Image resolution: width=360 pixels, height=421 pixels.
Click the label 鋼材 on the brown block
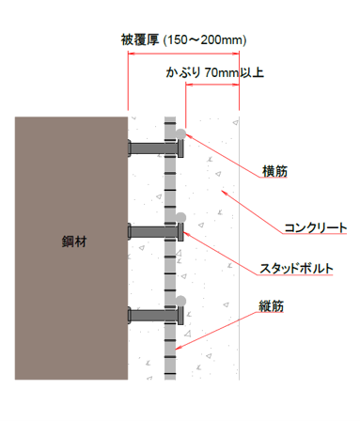74,242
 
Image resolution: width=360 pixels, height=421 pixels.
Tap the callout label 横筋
274,171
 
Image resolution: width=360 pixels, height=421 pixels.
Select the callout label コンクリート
316,227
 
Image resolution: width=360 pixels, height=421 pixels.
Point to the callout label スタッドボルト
296,269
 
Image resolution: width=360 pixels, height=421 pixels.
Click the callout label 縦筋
271,306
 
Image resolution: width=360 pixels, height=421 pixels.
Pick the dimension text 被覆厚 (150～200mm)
184,39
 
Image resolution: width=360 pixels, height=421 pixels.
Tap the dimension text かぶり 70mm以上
215,72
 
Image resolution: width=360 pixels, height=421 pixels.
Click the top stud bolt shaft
152,148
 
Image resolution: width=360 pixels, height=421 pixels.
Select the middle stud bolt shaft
152,232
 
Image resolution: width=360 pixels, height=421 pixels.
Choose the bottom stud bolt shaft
152,316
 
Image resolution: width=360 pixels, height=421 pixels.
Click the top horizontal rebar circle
180,133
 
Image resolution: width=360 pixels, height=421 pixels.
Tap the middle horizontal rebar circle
180,217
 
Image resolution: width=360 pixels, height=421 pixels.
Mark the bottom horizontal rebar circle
180,301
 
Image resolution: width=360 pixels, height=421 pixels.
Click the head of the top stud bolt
180,148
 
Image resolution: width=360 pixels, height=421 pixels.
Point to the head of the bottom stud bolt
180,316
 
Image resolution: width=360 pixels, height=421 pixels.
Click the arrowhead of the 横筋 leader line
186,134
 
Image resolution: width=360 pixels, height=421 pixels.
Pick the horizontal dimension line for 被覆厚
183,54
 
